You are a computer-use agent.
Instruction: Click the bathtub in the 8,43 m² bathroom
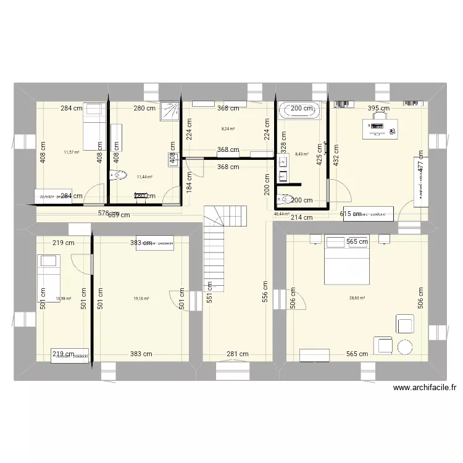point(300,111)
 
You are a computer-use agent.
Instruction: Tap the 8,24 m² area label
point(227,130)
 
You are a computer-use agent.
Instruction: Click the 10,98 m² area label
point(64,299)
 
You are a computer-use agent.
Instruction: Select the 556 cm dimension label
point(264,296)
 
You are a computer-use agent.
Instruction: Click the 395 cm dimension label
point(379,109)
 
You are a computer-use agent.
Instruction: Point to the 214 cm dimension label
point(302,217)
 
